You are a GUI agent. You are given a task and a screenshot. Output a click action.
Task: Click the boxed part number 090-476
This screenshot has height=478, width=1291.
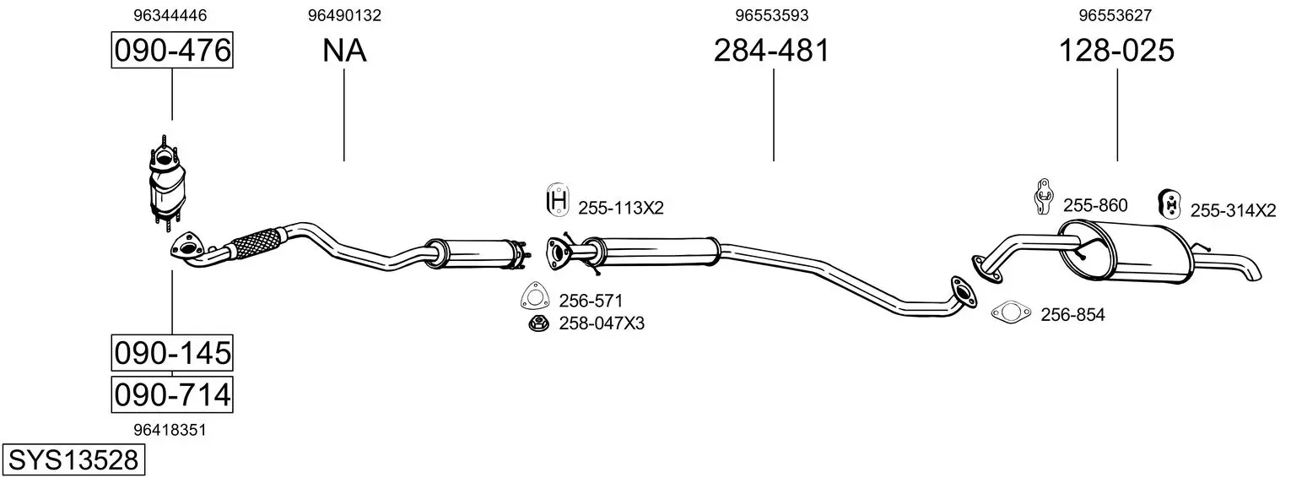172,50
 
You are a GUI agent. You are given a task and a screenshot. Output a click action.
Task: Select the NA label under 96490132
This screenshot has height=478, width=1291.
344,51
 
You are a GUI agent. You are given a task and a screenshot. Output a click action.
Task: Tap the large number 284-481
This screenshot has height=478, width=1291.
771,51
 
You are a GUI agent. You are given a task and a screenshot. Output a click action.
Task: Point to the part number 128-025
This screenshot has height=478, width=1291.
1116,51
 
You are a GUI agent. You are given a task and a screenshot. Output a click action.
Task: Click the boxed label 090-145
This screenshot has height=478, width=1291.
172,353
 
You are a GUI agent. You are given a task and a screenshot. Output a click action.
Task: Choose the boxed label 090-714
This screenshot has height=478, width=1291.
172,395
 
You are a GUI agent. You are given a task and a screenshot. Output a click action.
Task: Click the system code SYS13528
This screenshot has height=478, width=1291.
73,460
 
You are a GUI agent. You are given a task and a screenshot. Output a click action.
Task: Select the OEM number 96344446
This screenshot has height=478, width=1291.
170,15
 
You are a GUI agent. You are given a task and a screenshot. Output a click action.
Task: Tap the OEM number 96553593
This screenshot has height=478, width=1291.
772,15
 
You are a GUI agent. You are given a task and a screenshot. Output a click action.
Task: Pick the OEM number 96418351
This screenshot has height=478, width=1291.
170,430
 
